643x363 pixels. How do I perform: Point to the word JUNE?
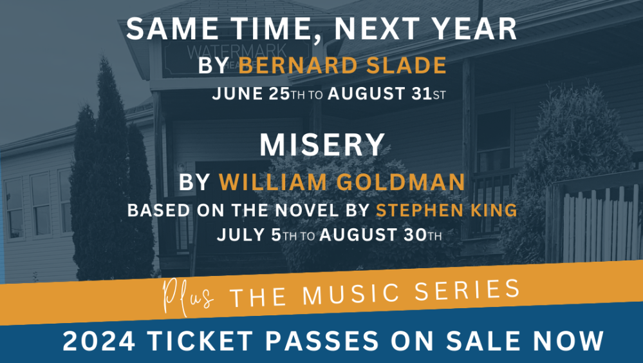tap(238, 93)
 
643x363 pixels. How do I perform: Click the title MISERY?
tap(322, 145)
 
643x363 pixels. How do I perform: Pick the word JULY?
tap(241, 235)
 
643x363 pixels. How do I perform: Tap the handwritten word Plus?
tap(188, 297)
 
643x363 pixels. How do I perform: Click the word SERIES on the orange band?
tap(467, 289)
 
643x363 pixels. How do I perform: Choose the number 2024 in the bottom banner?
tap(99, 341)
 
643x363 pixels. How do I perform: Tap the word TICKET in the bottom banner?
tap(200, 341)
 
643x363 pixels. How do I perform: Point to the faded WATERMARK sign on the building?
tap(237, 53)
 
